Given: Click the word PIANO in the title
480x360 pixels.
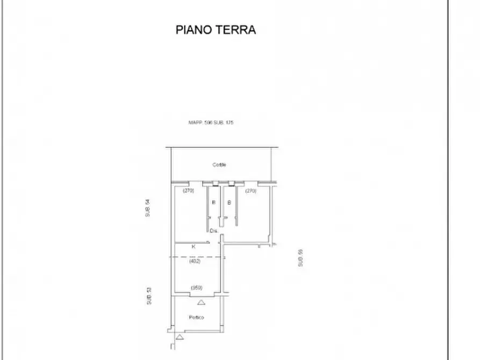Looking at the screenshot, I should coord(194,30).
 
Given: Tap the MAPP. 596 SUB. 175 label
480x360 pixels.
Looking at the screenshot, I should coord(211,123).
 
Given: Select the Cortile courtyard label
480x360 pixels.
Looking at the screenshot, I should coord(219,165).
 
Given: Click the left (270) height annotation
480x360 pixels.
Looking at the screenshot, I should coord(188,191).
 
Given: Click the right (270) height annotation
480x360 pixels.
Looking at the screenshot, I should coord(251,191).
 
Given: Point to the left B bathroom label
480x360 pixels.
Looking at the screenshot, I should coord(213,203).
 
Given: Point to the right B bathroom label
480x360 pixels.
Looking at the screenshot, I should coord(230,203).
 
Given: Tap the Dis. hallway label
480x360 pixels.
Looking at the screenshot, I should coord(213,231).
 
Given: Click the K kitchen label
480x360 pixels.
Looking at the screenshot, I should coord(194,247).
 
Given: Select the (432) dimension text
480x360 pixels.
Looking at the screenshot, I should coord(195,262).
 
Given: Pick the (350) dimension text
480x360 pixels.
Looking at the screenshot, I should coord(196,287).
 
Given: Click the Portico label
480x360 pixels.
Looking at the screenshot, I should coord(196,318).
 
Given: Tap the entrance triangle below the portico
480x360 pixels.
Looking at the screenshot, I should coord(178,337).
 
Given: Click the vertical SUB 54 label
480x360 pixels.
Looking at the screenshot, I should coord(147,208).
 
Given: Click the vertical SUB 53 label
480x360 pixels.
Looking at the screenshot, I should coord(149,296).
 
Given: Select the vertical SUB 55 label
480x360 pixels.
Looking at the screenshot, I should coord(301,258).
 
